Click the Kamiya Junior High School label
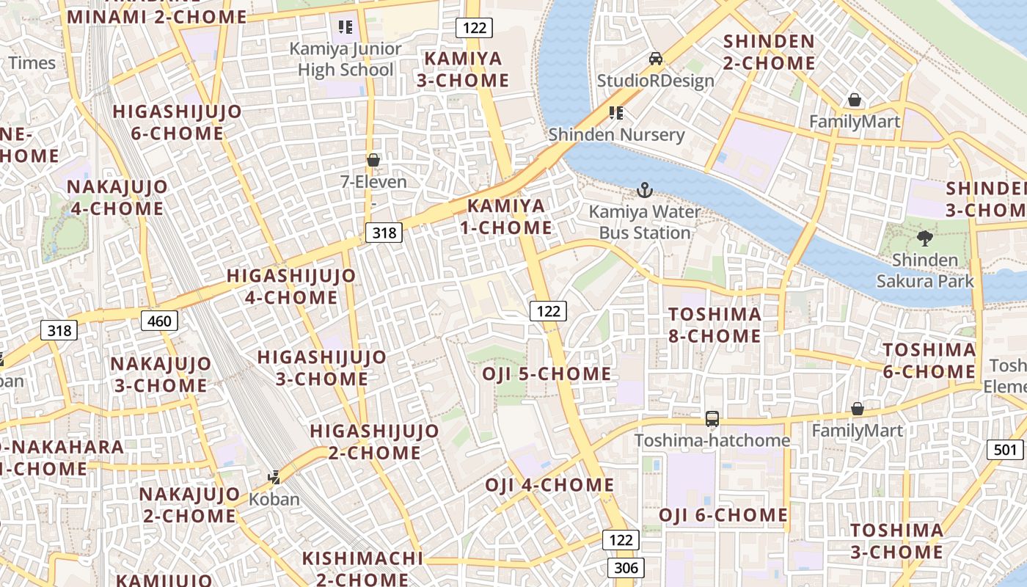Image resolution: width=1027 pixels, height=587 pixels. click(346, 59)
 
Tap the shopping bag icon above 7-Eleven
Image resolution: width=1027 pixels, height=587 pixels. click(373, 160)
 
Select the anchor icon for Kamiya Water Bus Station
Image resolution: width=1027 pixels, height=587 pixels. click(644, 191)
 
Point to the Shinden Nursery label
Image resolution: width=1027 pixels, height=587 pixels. click(616, 134)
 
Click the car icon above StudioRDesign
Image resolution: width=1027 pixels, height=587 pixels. click(656, 59)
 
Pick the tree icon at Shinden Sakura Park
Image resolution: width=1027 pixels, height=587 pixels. click(925, 238)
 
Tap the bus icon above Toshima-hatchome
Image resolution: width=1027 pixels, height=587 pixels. click(712, 419)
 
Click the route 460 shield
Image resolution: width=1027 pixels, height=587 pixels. click(159, 321)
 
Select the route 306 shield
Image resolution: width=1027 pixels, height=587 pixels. click(626, 567)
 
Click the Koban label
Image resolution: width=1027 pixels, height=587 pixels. click(274, 499)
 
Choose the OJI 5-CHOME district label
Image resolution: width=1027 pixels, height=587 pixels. click(547, 374)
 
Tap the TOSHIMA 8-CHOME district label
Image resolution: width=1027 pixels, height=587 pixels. click(715, 325)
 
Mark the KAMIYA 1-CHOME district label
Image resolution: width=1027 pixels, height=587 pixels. click(506, 216)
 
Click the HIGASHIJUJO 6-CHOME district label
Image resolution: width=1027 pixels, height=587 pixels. click(177, 123)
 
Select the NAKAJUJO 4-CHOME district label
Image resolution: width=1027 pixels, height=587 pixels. click(117, 197)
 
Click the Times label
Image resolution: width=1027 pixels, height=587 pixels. click(32, 63)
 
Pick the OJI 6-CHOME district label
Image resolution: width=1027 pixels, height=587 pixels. click(723, 515)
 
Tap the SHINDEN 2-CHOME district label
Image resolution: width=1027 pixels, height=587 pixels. click(769, 52)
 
